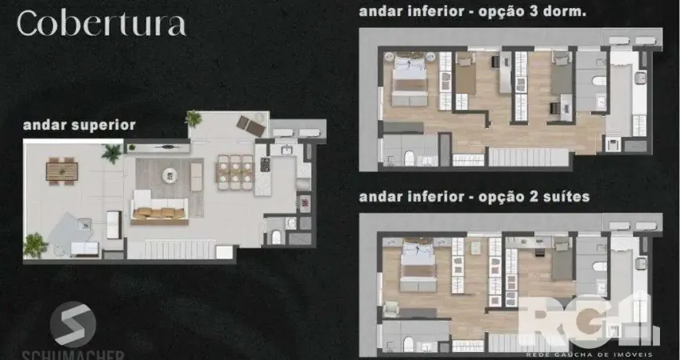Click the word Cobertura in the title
click(x=102, y=23)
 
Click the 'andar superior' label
click(x=79, y=126)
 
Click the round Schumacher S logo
click(x=73, y=325)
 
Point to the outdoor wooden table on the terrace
click(x=62, y=171)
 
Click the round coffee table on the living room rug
click(x=170, y=175)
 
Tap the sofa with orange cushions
click(x=159, y=208)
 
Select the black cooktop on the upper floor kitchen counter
click(x=265, y=164)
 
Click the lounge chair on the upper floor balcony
click(x=250, y=126)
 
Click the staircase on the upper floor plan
click(x=179, y=250)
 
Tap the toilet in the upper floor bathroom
click(x=276, y=238)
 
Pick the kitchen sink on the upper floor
click(x=286, y=150)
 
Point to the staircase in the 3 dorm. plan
click(x=529, y=157)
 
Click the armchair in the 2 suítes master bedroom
click(x=390, y=309)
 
